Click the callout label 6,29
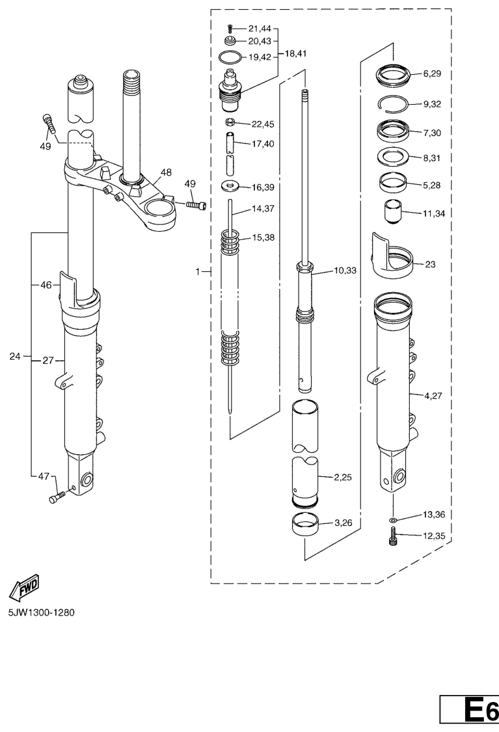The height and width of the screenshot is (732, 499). pos(432,74)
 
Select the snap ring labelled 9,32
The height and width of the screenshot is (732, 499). pos(394,103)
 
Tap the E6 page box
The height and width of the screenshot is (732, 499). pos(469,709)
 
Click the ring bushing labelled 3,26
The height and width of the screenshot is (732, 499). pos(305,522)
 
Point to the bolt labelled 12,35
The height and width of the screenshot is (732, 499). pos(393,537)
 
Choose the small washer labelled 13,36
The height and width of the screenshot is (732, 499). pos(392,521)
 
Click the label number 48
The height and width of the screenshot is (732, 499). pos(166,173)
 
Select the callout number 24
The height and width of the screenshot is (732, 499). pos(16,356)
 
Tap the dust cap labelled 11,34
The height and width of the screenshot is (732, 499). pos(391,213)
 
